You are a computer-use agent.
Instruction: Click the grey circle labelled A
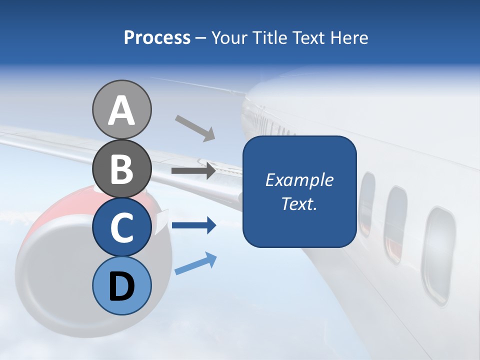[x=121, y=109]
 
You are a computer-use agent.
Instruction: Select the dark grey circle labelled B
[x=121, y=168]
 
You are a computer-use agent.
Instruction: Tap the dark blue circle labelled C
[x=121, y=227]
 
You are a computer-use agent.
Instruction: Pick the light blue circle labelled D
[x=121, y=285]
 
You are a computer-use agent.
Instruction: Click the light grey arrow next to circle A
[x=195, y=128]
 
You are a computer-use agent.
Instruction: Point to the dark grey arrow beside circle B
[x=193, y=170]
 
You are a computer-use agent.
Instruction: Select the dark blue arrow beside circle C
[x=193, y=225]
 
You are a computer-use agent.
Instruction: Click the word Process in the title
[x=157, y=37]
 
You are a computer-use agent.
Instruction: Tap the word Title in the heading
[x=270, y=37]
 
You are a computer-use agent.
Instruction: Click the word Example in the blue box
[x=299, y=180]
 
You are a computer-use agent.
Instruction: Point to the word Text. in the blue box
[x=299, y=203]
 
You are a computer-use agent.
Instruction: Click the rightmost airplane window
[x=438, y=255]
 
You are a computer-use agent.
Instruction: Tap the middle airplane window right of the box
[x=395, y=223]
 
